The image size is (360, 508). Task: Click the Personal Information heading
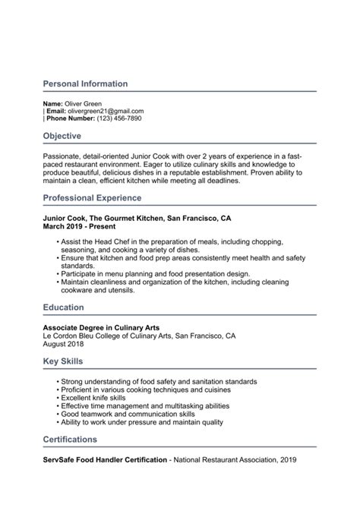click(85, 84)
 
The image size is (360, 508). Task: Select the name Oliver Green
click(83, 103)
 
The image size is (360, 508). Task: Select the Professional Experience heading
click(92, 198)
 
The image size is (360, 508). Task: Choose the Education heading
click(63, 308)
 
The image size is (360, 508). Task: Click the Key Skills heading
click(63, 361)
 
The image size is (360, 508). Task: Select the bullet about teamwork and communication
click(125, 415)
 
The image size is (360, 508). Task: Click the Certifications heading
click(70, 440)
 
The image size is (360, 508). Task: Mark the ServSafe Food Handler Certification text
click(105, 460)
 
